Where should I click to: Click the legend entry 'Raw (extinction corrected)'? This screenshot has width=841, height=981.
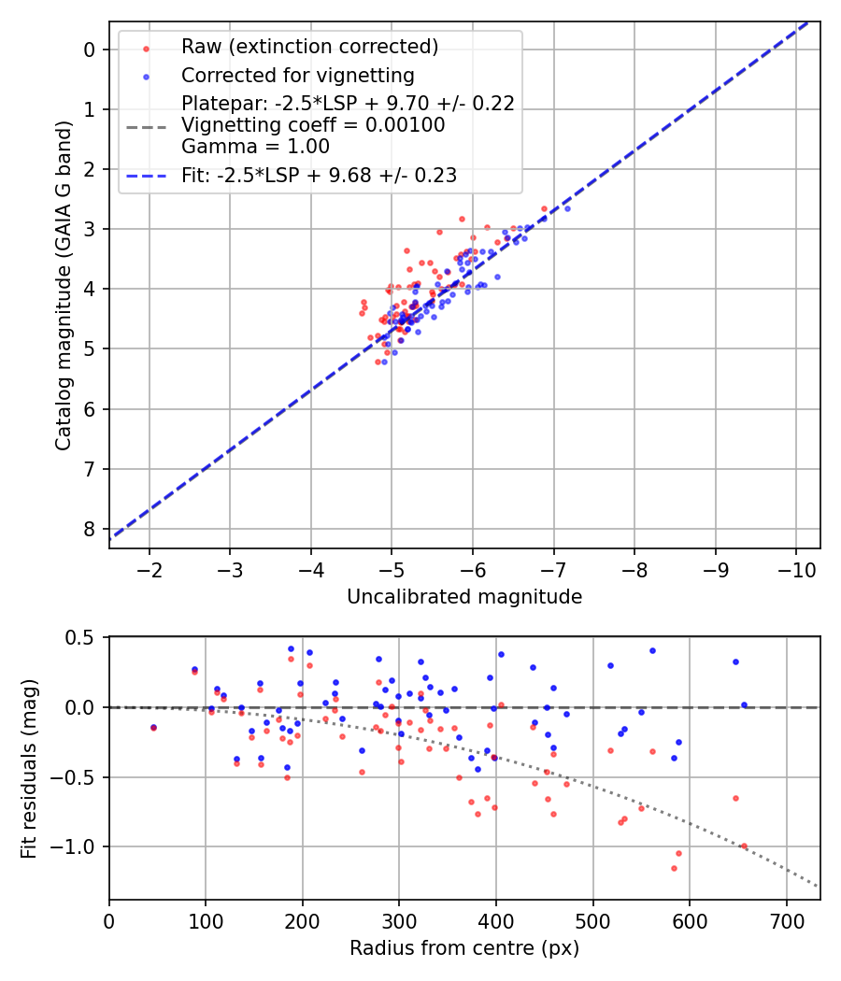(x=309, y=47)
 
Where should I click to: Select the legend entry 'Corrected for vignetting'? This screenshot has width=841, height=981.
(x=297, y=75)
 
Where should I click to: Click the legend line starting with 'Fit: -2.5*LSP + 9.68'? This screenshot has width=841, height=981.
(x=319, y=175)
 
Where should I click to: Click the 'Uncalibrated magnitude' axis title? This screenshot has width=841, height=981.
(x=464, y=597)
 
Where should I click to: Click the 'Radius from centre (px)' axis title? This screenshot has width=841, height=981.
(x=464, y=948)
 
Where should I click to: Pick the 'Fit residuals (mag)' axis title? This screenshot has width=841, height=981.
(x=29, y=768)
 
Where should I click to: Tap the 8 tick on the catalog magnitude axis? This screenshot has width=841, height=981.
(x=91, y=529)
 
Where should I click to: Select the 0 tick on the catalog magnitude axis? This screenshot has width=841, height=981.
(x=91, y=49)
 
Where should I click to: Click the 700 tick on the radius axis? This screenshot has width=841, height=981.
(x=786, y=920)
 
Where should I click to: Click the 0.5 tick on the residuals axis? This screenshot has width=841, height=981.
(x=82, y=637)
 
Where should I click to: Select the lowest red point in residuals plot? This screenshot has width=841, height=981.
(x=674, y=868)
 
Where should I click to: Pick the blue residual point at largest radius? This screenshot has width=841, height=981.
(x=744, y=705)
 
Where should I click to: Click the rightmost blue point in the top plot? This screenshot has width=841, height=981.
(x=567, y=208)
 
